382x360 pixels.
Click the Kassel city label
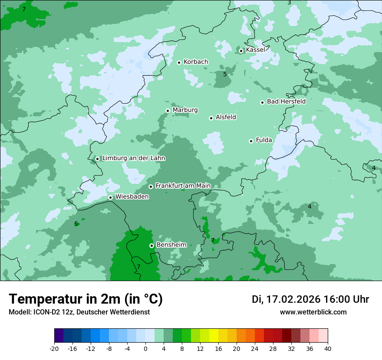(x=255, y=50)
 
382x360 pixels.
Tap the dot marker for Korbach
(x=179, y=62)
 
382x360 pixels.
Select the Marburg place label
(x=185, y=110)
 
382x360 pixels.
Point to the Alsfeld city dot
(x=211, y=118)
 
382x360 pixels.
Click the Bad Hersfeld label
(x=286, y=101)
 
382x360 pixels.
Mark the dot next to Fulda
(x=251, y=141)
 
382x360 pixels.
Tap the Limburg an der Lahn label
(x=133, y=158)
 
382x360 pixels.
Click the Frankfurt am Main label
(x=183, y=186)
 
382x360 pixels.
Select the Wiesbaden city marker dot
(x=111, y=197)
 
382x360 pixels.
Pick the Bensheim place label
(x=171, y=245)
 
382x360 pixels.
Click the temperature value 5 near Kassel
(x=225, y=74)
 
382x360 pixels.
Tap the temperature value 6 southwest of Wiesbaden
(x=76, y=223)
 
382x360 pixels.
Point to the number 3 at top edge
(x=289, y=3)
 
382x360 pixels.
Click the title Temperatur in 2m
(x=86, y=299)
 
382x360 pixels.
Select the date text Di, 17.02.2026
(x=286, y=299)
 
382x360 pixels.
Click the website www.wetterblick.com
(x=313, y=312)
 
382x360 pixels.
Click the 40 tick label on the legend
(x=327, y=348)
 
